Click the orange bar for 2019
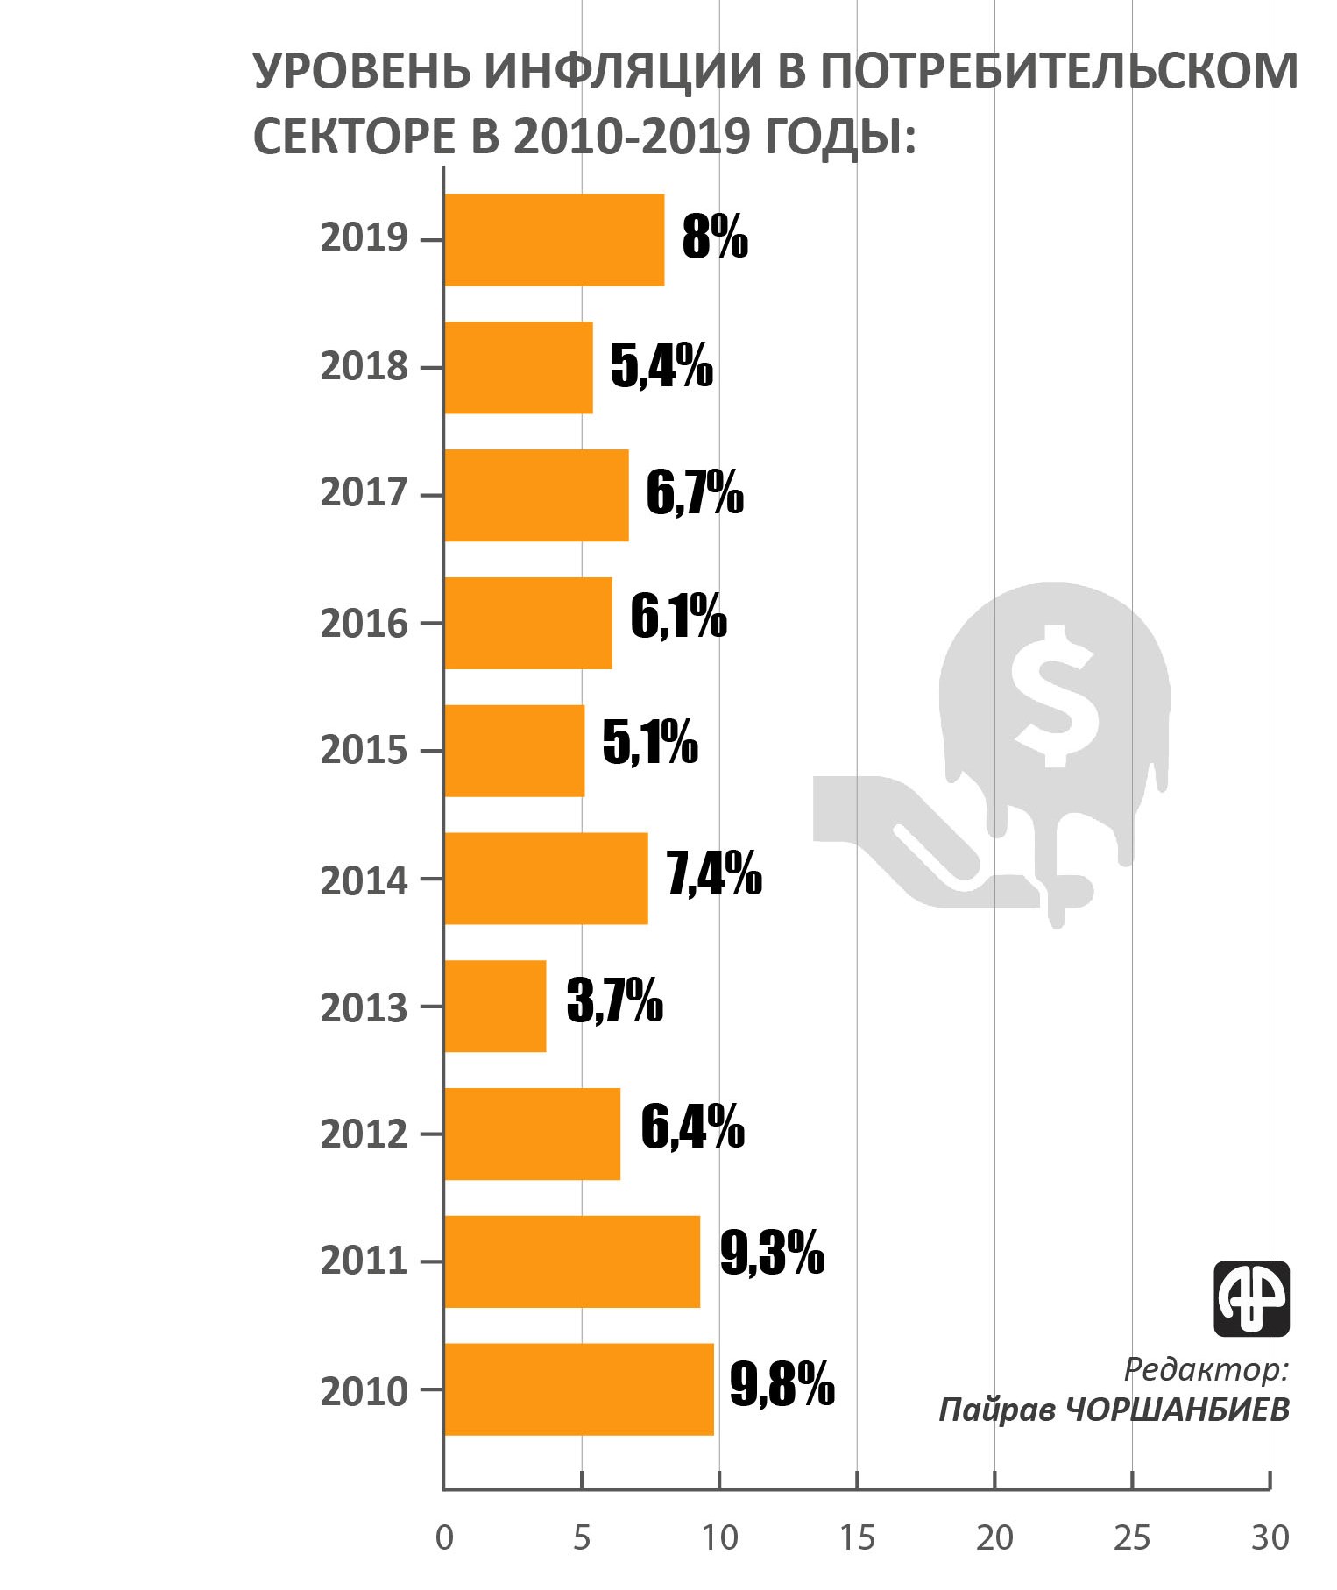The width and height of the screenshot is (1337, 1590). point(554,239)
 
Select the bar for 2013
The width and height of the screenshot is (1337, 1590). point(495,1006)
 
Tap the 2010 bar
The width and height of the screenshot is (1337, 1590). point(578,1389)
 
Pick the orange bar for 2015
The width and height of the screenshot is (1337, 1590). point(514,751)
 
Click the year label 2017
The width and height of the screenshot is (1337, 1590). point(364,493)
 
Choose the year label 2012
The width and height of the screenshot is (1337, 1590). point(364,1134)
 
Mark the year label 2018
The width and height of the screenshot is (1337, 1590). point(364,366)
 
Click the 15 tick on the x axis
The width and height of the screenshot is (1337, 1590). point(857,1537)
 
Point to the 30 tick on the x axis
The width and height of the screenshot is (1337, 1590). point(1270,1537)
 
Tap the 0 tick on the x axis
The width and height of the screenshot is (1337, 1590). point(444,1537)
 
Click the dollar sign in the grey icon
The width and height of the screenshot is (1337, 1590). point(1054,696)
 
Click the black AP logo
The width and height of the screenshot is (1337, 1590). point(1251,1298)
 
